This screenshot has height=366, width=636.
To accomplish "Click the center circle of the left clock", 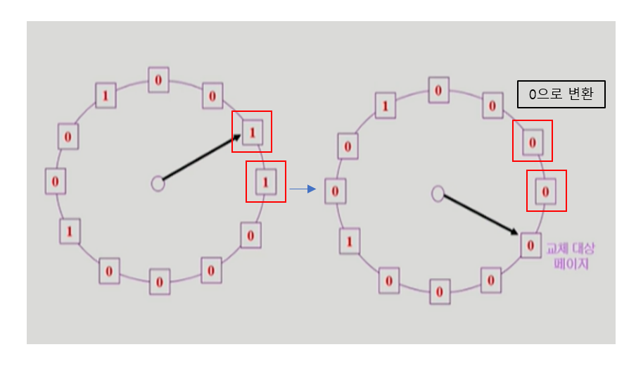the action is pos(158,184).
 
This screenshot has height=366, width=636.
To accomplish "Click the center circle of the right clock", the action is pos(438,194).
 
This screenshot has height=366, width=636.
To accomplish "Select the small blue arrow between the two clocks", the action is pos(303,189).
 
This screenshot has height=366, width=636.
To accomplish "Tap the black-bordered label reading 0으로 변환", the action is pos(561,94).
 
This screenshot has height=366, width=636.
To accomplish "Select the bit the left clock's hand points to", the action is pos(253,132).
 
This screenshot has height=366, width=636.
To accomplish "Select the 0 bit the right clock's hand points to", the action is pos(530,245).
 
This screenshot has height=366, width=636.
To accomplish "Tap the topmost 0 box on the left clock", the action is pos(158,80).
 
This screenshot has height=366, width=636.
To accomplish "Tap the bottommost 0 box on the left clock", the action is pos(160,282).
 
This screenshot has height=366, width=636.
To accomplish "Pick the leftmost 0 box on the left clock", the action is pos(55,182).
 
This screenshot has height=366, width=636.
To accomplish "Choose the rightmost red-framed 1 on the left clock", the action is pos(265,182).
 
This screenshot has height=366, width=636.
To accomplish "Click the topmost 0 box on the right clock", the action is pos(438,90).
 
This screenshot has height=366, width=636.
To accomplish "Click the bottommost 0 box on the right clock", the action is pos(440,291).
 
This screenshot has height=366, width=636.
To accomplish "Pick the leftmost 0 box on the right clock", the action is pos(335,191).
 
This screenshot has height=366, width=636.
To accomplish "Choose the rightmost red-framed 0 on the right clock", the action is pos(545,191).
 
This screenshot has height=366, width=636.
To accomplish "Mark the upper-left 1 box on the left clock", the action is pos(106,94).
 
